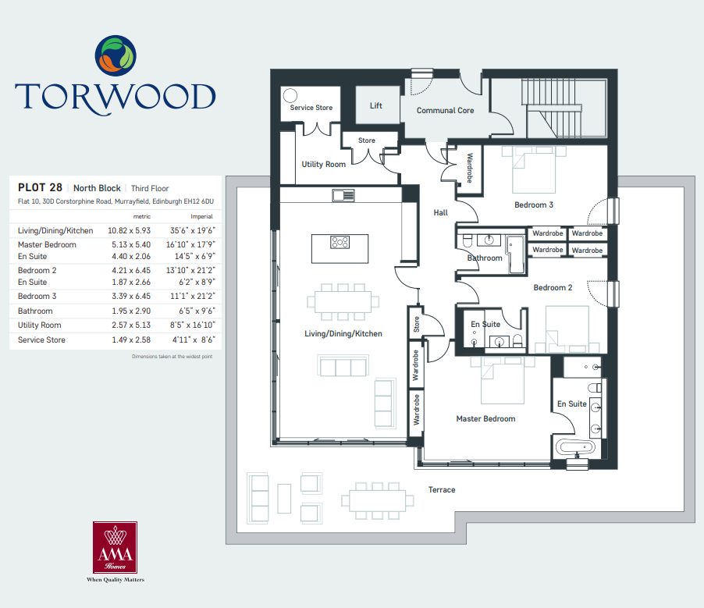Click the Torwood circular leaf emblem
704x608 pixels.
click(x=116, y=55)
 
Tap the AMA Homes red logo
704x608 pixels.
click(x=115, y=547)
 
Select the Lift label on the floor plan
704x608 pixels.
click(x=375, y=105)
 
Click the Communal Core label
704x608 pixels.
click(x=445, y=111)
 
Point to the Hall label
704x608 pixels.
click(x=440, y=212)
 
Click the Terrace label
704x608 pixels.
click(x=441, y=489)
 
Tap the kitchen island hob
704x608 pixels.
click(x=340, y=242)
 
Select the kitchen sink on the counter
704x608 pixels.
click(x=343, y=195)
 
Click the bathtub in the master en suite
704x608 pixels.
click(x=575, y=447)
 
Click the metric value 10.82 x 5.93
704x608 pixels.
click(x=129, y=230)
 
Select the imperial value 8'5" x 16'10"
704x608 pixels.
click(x=192, y=325)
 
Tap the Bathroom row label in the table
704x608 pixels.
click(x=35, y=311)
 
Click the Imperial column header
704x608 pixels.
click(x=201, y=216)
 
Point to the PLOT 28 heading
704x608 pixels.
click(x=40, y=187)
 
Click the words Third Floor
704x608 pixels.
click(x=150, y=189)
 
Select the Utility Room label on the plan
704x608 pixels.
click(x=323, y=165)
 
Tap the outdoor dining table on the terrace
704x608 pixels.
click(x=377, y=500)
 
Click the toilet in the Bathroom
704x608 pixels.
click(x=467, y=240)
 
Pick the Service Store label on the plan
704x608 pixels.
click(x=311, y=108)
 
